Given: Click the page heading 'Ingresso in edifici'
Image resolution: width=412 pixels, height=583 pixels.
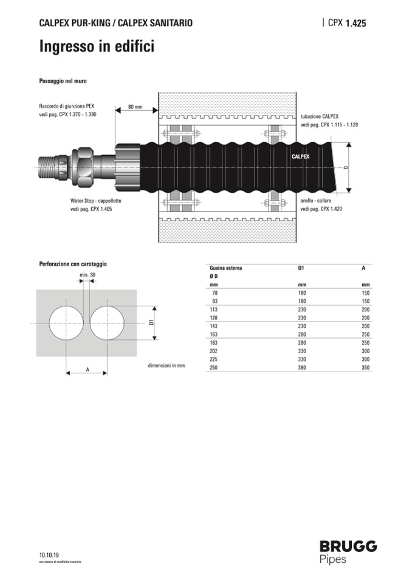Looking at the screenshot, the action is [x=97, y=47].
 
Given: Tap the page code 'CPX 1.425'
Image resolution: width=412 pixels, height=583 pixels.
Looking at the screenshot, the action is [x=347, y=23].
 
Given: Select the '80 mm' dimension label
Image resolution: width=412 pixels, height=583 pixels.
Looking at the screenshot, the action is [x=136, y=107].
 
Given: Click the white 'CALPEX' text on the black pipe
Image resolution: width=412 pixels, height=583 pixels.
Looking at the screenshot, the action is [x=300, y=156].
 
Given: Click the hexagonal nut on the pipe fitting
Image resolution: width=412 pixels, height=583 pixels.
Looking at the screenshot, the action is [x=86, y=164].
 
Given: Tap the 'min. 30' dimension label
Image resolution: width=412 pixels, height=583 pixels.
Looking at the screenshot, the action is [x=88, y=275].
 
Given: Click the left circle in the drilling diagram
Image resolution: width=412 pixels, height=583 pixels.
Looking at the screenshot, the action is [x=66, y=323].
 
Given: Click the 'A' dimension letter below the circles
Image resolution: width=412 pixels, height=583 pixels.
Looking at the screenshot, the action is [x=88, y=370].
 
